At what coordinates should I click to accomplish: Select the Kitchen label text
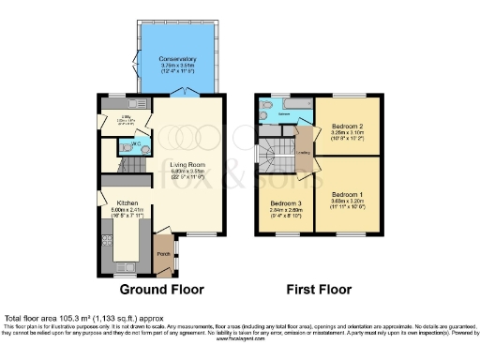click(127, 202)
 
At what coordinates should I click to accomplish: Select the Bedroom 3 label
click(285, 203)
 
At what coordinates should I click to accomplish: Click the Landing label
click(304, 152)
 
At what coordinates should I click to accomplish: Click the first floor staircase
click(275, 153)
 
